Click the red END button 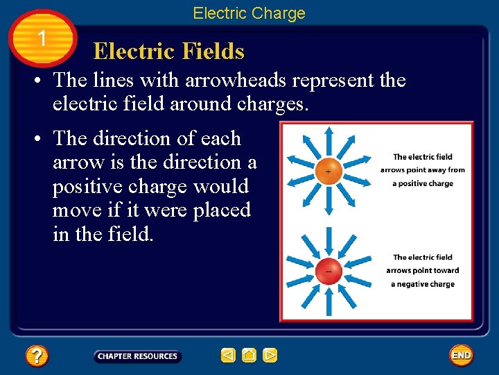click(461, 355)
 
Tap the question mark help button click(36, 356)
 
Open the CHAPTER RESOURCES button click(137, 356)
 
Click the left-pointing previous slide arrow click(228, 356)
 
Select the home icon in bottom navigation click(249, 356)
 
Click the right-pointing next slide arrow click(270, 356)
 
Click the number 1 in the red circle click(43, 39)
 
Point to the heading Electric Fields click(168, 51)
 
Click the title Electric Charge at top click(249, 13)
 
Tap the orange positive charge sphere click(328, 171)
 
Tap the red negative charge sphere click(328, 270)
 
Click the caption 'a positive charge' click(423, 183)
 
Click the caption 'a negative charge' click(423, 284)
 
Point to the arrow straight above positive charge click(328, 142)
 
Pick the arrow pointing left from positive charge click(299, 171)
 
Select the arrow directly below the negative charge click(328, 299)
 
